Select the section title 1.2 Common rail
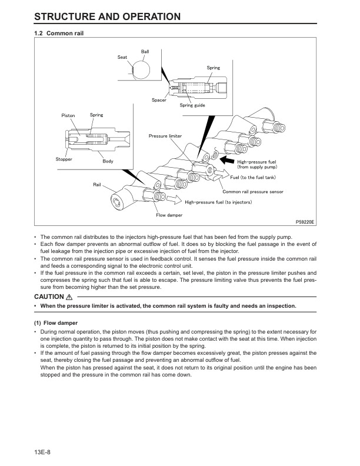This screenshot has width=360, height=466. click(x=59, y=34)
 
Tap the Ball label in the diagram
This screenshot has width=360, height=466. click(x=145, y=52)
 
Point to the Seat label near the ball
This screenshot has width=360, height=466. click(x=122, y=57)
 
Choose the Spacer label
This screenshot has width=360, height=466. click(x=159, y=100)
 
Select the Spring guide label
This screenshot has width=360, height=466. click(x=192, y=105)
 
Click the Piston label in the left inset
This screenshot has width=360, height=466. click(x=68, y=115)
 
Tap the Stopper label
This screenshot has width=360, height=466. click(x=64, y=159)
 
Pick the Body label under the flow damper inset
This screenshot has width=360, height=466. click(x=108, y=161)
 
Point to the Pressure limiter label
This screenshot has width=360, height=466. click(x=165, y=136)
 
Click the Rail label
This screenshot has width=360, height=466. click(x=98, y=185)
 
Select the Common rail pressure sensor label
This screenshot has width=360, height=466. click(x=252, y=192)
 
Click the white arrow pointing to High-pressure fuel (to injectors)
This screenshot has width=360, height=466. click(x=175, y=199)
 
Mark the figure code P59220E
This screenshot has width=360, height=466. click(x=305, y=222)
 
